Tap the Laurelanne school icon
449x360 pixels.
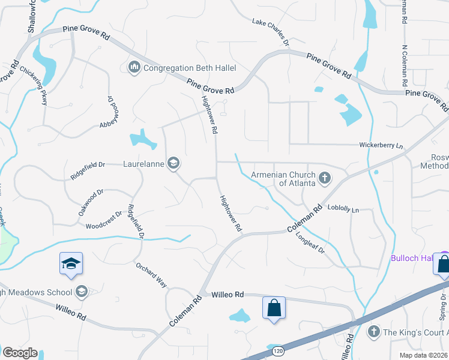[173, 163]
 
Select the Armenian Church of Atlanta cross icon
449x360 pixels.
[325, 178]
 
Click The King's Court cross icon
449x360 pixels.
[374, 332]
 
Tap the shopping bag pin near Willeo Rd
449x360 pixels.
[274, 307]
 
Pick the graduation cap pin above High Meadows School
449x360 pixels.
[71, 263]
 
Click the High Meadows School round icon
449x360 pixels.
[82, 292]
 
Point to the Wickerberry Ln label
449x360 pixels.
[381, 145]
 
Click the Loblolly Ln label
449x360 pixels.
[343, 209]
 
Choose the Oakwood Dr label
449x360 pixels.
[91, 203]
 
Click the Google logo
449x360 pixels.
[20, 352]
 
